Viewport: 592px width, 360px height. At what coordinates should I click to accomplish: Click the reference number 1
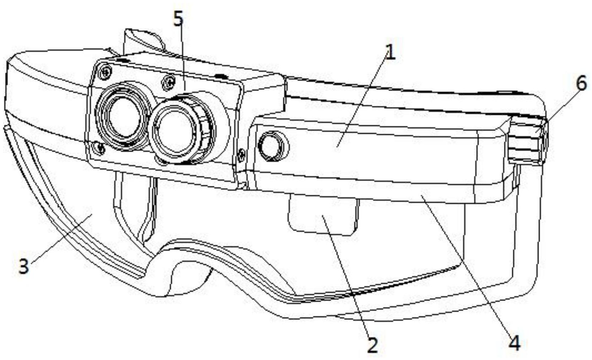390,53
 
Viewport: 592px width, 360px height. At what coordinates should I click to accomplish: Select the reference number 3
24,266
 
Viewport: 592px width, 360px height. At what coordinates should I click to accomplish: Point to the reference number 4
515,343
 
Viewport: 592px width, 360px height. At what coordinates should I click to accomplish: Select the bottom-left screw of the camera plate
101,147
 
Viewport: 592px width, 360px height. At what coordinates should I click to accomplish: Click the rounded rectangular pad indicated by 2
322,215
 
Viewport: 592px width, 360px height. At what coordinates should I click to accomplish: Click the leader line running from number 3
59,238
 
